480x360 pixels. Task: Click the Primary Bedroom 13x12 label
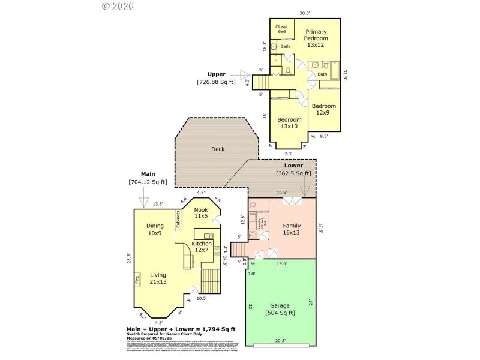[316, 38]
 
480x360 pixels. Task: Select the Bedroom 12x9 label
[324, 109]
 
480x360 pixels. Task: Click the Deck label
[218, 149]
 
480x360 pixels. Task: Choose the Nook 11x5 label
[201, 212]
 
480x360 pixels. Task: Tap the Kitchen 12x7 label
[202, 247]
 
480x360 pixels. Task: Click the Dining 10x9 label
[155, 229]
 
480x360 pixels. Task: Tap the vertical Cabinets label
[178, 219]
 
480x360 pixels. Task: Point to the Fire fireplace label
[137, 279]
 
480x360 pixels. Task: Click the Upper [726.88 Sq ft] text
[217, 78]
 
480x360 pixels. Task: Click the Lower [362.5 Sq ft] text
[293, 169]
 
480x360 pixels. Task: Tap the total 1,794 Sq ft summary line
[181, 329]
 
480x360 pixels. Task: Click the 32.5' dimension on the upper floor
[346, 74]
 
